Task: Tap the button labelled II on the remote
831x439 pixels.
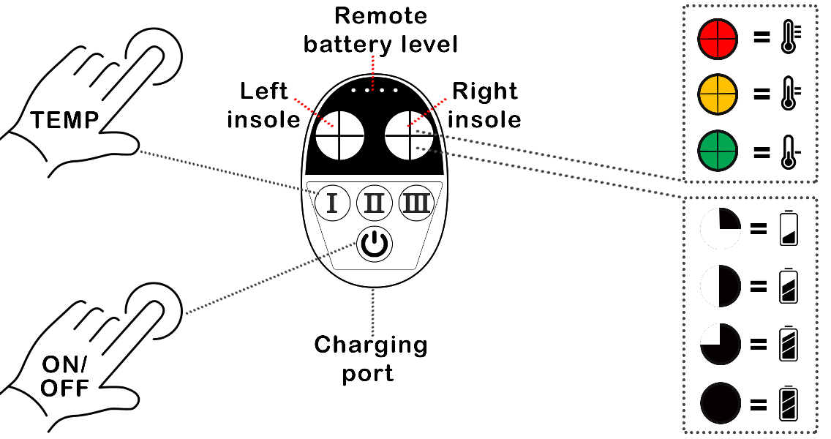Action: tap(374, 203)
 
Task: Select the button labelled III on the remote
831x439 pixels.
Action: tap(416, 203)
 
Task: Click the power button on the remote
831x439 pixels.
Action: tap(374, 245)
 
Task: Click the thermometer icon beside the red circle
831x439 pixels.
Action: tap(789, 39)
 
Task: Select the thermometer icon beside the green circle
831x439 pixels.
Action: tap(789, 151)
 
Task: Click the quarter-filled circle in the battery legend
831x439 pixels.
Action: tap(721, 228)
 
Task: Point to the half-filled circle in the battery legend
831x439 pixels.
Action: tap(721, 286)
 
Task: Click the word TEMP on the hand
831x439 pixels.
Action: tap(64, 120)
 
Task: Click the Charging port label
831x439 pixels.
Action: tap(371, 358)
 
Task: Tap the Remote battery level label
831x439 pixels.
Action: tap(380, 31)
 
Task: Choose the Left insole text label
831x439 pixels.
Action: tap(265, 106)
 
